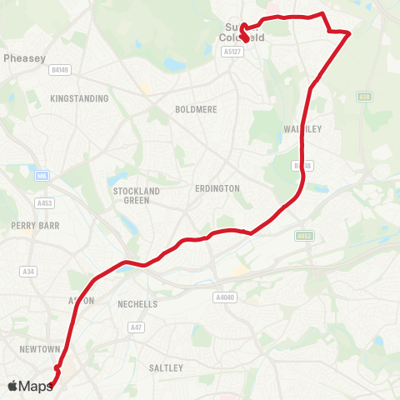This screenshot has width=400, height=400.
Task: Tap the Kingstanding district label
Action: [80, 98]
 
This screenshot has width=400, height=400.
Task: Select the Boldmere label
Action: [195, 109]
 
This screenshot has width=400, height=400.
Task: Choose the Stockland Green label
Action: [131, 196]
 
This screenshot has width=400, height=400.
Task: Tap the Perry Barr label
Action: [31, 225]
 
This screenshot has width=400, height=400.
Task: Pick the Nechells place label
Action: [137, 304]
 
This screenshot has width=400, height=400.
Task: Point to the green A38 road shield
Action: [363, 97]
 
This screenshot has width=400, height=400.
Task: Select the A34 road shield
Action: [29, 271]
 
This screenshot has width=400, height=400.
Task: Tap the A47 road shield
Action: [136, 328]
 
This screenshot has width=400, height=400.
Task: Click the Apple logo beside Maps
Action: [13, 386]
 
